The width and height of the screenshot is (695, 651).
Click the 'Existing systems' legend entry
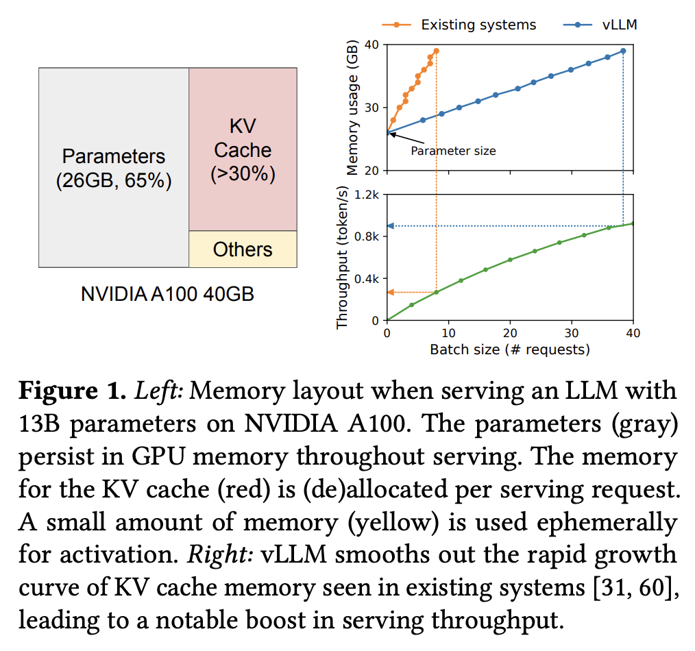click(478, 25)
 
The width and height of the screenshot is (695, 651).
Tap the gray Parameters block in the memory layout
click(114, 168)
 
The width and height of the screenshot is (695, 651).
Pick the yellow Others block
click(243, 249)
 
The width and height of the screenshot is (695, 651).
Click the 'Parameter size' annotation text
click(452, 151)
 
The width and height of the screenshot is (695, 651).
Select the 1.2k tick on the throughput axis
click(367, 195)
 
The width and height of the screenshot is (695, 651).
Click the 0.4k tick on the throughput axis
click(367, 279)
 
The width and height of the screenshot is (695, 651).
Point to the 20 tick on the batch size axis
click(510, 333)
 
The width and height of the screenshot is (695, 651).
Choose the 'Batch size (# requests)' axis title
click(510, 349)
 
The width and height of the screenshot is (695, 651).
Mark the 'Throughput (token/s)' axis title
click(343, 258)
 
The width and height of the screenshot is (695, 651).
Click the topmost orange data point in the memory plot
click(436, 51)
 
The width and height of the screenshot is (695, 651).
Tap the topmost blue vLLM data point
click(623, 51)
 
